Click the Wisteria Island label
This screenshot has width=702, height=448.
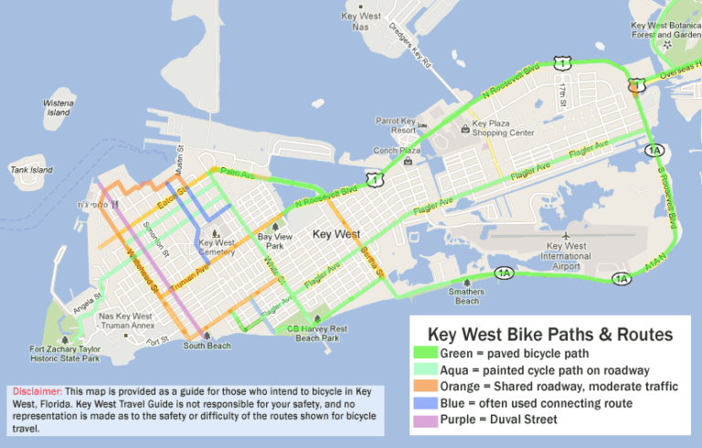58,108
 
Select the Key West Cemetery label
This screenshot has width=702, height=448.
217,249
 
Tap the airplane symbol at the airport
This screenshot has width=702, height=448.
568,235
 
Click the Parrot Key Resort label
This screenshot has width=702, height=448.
397,124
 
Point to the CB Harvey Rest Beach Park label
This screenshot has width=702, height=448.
317,333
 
